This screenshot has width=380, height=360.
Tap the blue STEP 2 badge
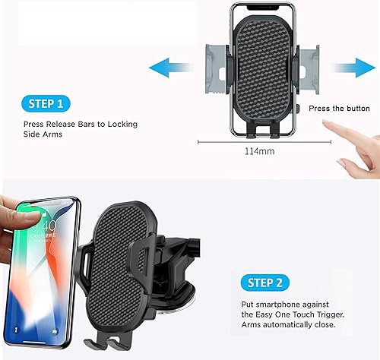click(x=264, y=283)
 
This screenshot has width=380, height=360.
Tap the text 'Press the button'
click(x=339, y=109)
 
